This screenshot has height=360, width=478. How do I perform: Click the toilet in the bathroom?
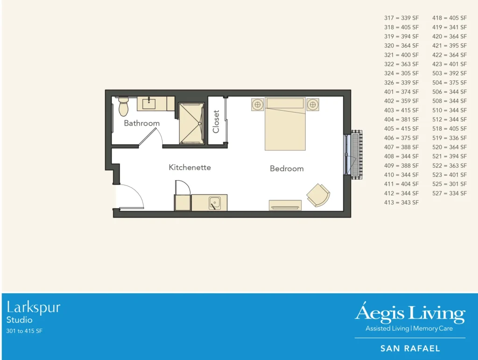click(x=124, y=107)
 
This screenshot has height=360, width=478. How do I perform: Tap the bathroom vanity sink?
click(x=149, y=104)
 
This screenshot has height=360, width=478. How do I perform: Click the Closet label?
click(x=216, y=121)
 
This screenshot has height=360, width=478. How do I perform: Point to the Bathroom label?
click(x=141, y=123)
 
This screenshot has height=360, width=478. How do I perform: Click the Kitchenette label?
click(x=190, y=167)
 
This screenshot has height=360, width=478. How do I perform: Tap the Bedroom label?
click(x=287, y=169)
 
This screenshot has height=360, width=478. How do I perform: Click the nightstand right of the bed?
click(x=313, y=104)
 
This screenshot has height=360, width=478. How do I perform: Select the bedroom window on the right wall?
click(x=347, y=155)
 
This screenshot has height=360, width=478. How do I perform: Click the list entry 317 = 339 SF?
click(x=401, y=18)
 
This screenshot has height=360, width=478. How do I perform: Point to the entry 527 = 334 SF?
click(x=449, y=193)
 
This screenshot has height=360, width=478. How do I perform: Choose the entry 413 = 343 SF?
click(x=401, y=203)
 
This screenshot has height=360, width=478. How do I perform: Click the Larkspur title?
click(x=34, y=308)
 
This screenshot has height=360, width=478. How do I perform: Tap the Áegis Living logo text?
click(x=410, y=313)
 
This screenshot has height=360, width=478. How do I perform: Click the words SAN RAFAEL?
click(x=410, y=348)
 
